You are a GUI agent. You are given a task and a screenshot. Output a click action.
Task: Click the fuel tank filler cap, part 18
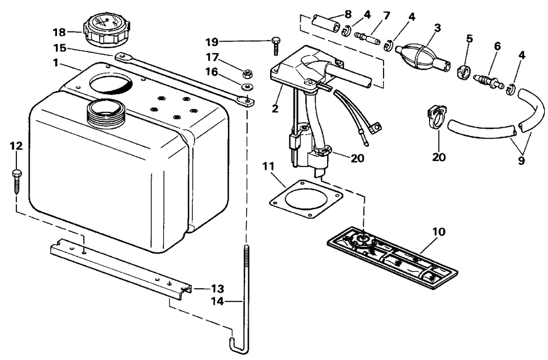(107, 31)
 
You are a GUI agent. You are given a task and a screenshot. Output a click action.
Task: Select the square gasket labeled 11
(306, 198)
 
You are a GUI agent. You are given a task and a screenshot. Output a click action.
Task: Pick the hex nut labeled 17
(247, 74)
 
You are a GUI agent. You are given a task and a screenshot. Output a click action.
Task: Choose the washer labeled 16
(247, 87)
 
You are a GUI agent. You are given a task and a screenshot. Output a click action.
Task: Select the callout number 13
(217, 289)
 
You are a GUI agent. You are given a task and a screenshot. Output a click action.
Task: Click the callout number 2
(276, 108)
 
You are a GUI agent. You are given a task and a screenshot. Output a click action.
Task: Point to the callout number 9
(521, 161)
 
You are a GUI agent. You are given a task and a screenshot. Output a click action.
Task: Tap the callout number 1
(55, 63)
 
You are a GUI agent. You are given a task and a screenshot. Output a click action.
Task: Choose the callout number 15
(60, 48)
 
